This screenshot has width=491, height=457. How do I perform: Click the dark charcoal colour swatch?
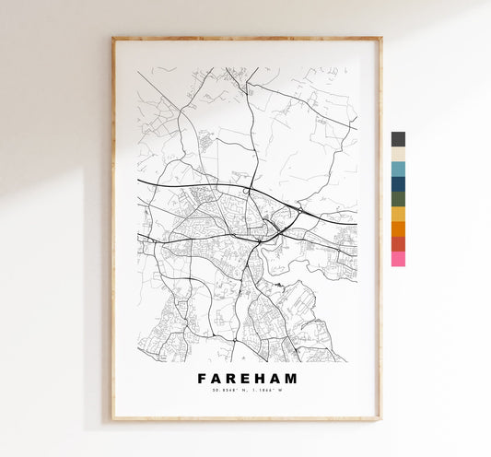point(398,139)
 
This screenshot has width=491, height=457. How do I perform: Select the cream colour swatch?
point(398,154)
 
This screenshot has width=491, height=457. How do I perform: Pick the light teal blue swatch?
point(398,170)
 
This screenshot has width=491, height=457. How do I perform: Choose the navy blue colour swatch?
point(398,184)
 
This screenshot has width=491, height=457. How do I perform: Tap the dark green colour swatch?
point(398,199)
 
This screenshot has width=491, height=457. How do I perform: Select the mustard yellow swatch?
point(398,214)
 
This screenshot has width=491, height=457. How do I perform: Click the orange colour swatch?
point(398,228)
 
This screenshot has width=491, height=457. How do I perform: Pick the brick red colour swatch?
point(398,244)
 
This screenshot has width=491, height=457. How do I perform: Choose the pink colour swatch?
point(398,259)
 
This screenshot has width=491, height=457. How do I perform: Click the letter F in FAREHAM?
point(202,378)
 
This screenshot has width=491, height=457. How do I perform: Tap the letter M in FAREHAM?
point(291,378)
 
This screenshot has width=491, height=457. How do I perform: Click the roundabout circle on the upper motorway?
point(247,191)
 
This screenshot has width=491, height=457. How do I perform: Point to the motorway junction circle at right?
point(300,211)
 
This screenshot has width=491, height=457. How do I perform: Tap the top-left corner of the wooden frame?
point(113,39)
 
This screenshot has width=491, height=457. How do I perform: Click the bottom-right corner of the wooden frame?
point(380,419)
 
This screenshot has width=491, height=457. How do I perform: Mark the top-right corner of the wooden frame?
point(380,39)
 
